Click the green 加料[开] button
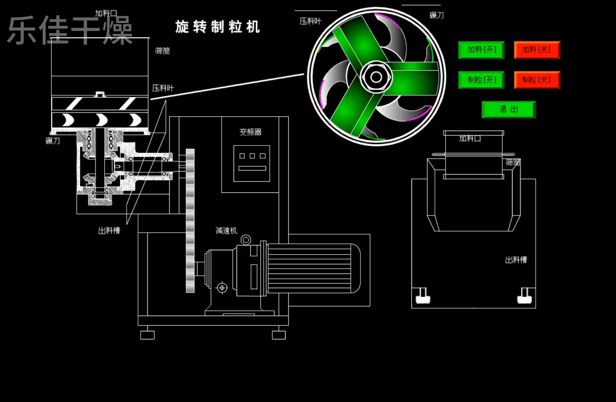click(x=481, y=50)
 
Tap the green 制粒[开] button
click(x=481, y=80)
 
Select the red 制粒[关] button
click(x=537, y=80)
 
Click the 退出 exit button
click(x=508, y=109)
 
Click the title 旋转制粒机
click(x=218, y=27)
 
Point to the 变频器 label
click(x=250, y=132)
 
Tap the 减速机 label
click(x=226, y=230)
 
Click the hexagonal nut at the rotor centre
click(x=376, y=77)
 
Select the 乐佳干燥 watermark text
click(x=71, y=30)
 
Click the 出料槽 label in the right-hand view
click(x=516, y=260)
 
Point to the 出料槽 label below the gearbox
click(x=109, y=230)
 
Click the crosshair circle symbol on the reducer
click(x=222, y=288)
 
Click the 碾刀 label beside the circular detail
click(x=437, y=15)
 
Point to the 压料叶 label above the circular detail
click(x=311, y=21)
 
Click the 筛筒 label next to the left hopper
click(x=163, y=51)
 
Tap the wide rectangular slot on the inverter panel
click(x=252, y=168)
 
